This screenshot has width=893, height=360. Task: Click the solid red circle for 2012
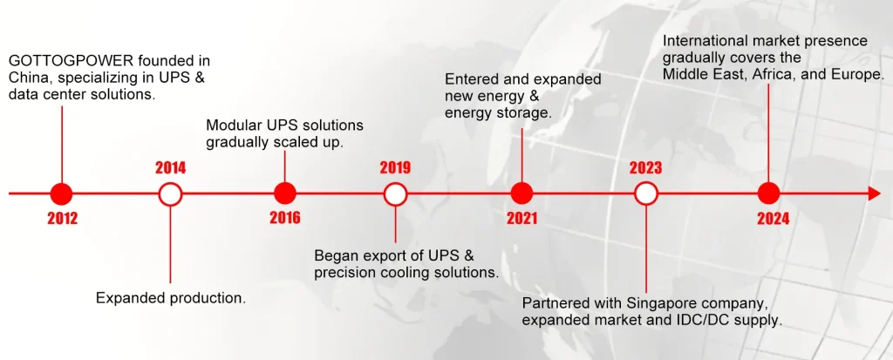[62, 194]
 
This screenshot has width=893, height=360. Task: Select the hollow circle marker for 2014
[170, 194]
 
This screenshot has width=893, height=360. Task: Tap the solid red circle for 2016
[285, 194]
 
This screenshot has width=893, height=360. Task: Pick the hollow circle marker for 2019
[395, 194]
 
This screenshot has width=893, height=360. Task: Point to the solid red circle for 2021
[521, 194]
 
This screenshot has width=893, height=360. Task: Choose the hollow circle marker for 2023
[646, 194]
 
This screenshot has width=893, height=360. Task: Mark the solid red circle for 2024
[769, 194]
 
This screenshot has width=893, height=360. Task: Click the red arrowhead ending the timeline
[874, 194]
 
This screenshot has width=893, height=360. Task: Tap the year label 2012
[63, 219]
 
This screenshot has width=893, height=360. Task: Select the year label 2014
[170, 168]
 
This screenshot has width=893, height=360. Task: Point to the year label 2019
[395, 168]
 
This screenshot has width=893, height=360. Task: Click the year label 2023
[646, 168]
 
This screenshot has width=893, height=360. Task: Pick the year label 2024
[774, 219]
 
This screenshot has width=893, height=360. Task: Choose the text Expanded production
[171, 298]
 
